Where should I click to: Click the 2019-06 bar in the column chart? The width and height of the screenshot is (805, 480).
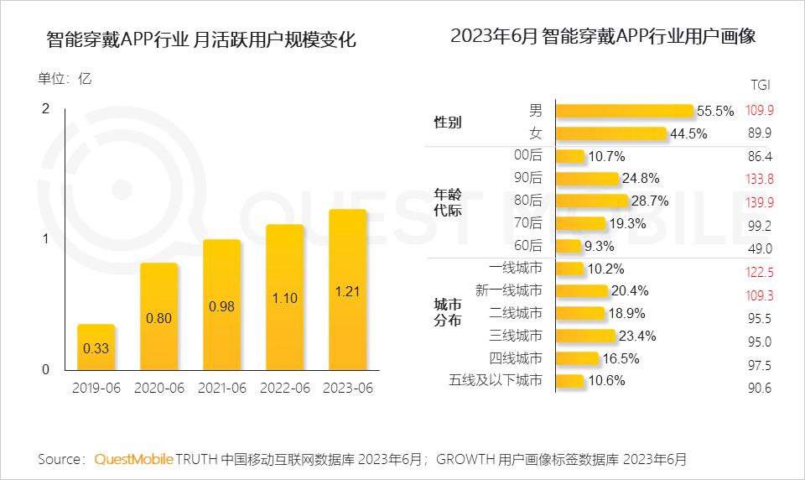click(x=96, y=347)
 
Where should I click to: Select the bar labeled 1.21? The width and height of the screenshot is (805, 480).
click(x=347, y=290)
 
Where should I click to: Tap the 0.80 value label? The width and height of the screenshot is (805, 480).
click(x=159, y=319)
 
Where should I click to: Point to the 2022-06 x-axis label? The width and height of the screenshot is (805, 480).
click(x=284, y=389)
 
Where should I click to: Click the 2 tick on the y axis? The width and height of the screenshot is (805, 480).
click(x=46, y=108)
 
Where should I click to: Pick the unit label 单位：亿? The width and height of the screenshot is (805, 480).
click(x=65, y=80)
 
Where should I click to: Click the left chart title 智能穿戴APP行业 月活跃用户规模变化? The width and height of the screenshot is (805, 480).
click(x=201, y=39)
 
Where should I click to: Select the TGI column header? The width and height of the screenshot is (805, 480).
click(x=760, y=85)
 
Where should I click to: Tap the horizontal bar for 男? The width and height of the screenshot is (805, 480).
click(x=624, y=111)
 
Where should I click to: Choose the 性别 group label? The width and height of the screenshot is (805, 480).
click(x=447, y=123)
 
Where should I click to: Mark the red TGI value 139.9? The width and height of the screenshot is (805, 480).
click(x=760, y=201)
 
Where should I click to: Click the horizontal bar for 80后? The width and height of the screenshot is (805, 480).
click(x=591, y=201)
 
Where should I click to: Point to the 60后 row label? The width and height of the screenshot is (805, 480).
click(x=527, y=246)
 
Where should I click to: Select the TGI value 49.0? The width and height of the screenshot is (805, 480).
click(x=760, y=248)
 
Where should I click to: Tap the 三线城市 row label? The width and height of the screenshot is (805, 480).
click(x=515, y=337)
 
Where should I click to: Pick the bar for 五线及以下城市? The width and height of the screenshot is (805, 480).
click(x=569, y=381)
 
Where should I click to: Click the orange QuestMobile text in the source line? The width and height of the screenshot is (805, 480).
click(x=134, y=459)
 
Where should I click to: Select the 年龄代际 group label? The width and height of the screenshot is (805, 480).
click(x=447, y=202)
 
